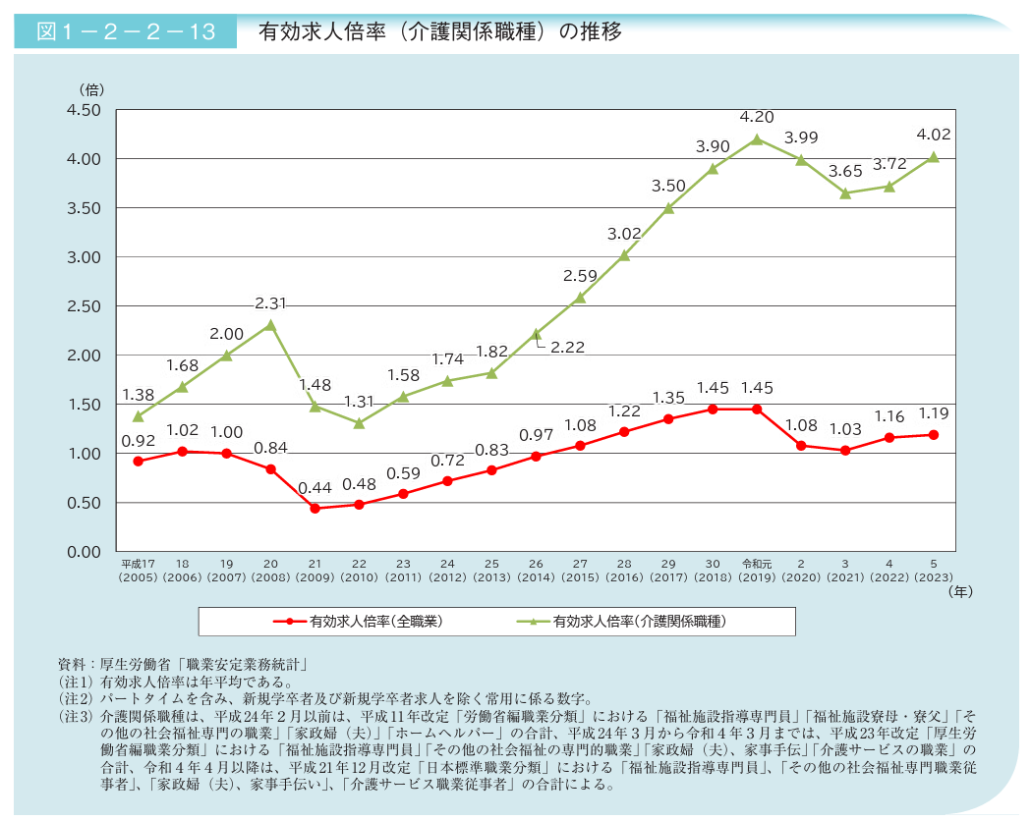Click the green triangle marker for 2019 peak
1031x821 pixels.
(757, 139)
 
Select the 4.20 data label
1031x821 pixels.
(757, 116)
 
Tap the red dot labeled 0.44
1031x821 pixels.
(315, 509)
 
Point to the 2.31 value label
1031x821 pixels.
(270, 303)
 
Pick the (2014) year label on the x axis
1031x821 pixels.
(536, 577)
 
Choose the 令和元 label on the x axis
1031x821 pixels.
(757, 564)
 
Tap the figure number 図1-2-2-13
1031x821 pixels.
(126, 31)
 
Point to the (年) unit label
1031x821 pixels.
(961, 592)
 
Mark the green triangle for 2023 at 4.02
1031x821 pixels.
(934, 157)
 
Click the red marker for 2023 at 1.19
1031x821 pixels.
(934, 435)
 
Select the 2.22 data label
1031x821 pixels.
(569, 348)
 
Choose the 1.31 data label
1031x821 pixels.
(359, 401)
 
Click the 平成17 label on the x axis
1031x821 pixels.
(139, 564)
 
